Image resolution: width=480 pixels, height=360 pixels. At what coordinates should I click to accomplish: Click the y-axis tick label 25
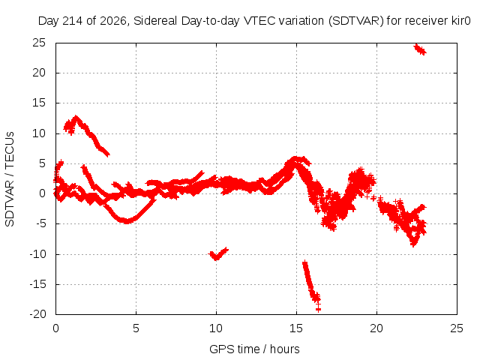pyautogui.click(x=39, y=43)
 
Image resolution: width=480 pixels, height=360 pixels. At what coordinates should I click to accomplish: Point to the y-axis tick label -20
pyautogui.click(x=37, y=314)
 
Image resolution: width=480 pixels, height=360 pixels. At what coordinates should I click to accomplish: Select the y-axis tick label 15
pyautogui.click(x=39, y=103)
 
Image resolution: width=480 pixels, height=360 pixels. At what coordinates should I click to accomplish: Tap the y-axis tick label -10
pyautogui.click(x=37, y=253)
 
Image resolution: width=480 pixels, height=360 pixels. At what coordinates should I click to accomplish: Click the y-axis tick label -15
pyautogui.click(x=37, y=284)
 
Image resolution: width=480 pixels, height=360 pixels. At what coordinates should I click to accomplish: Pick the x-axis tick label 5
pyautogui.click(x=136, y=328)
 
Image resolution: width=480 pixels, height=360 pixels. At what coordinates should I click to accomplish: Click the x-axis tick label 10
pyautogui.click(x=216, y=328)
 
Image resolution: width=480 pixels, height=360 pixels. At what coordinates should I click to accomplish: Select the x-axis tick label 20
pyautogui.click(x=376, y=328)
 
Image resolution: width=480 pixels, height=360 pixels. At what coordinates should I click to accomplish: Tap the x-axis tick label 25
pyautogui.click(x=457, y=328)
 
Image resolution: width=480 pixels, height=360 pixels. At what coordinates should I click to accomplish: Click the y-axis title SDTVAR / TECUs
pyautogui.click(x=10, y=179)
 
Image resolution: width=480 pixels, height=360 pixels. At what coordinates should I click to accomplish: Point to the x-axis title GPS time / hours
pyautogui.click(x=254, y=349)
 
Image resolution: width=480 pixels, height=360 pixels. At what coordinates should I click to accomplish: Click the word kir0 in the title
pyautogui.click(x=460, y=21)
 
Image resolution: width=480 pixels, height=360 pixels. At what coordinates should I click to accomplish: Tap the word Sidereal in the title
pyautogui.click(x=155, y=21)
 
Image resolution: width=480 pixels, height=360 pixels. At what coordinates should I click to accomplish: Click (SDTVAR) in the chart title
pyautogui.click(x=356, y=21)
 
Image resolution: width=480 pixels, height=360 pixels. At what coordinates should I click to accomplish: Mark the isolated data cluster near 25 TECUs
pyautogui.click(x=420, y=49)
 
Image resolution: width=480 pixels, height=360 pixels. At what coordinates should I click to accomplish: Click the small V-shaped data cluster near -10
pyautogui.click(x=218, y=253)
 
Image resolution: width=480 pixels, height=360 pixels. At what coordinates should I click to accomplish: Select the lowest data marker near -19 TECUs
pyautogui.click(x=318, y=310)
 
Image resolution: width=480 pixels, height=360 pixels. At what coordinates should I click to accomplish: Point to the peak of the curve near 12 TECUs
pyautogui.click(x=76, y=117)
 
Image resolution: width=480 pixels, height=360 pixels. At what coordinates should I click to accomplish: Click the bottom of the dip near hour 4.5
pyautogui.click(x=127, y=220)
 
